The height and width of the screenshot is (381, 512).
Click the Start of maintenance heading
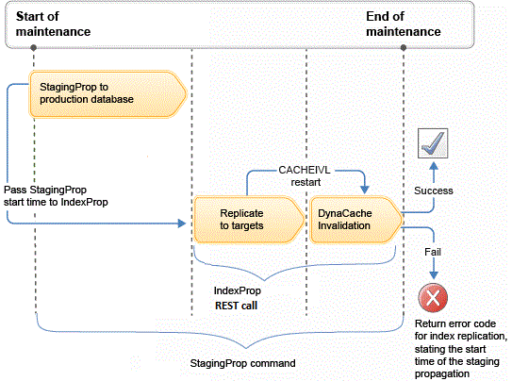[53, 24]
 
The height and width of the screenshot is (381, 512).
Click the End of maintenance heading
[404, 24]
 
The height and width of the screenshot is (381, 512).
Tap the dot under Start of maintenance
[33, 48]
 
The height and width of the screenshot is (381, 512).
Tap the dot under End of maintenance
[404, 48]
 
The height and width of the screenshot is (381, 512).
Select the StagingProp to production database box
[107, 94]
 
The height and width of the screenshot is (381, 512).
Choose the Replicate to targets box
[249, 220]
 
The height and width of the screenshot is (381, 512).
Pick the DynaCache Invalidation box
[355, 220]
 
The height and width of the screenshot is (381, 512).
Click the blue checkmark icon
[433, 143]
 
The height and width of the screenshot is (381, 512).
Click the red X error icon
[433, 298]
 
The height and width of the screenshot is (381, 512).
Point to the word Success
[434, 190]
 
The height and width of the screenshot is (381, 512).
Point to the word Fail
[433, 252]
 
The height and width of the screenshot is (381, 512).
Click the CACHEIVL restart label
[305, 176]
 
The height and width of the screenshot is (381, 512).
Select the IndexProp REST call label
[237, 298]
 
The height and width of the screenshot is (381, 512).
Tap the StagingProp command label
[242, 363]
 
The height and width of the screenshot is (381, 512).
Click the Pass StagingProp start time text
[56, 196]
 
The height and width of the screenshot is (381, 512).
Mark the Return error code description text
[461, 349]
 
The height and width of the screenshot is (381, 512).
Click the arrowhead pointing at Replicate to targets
[182, 224]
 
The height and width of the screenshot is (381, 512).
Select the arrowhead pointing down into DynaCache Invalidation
[365, 190]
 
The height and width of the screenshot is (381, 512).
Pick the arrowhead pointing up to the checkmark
[434, 166]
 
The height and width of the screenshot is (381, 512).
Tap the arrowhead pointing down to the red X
[434, 274]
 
